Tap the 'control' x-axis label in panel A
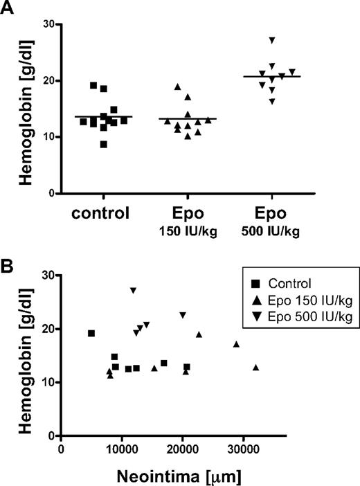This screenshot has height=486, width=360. pos(102,213)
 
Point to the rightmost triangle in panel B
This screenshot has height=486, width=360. pos(256,368)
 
